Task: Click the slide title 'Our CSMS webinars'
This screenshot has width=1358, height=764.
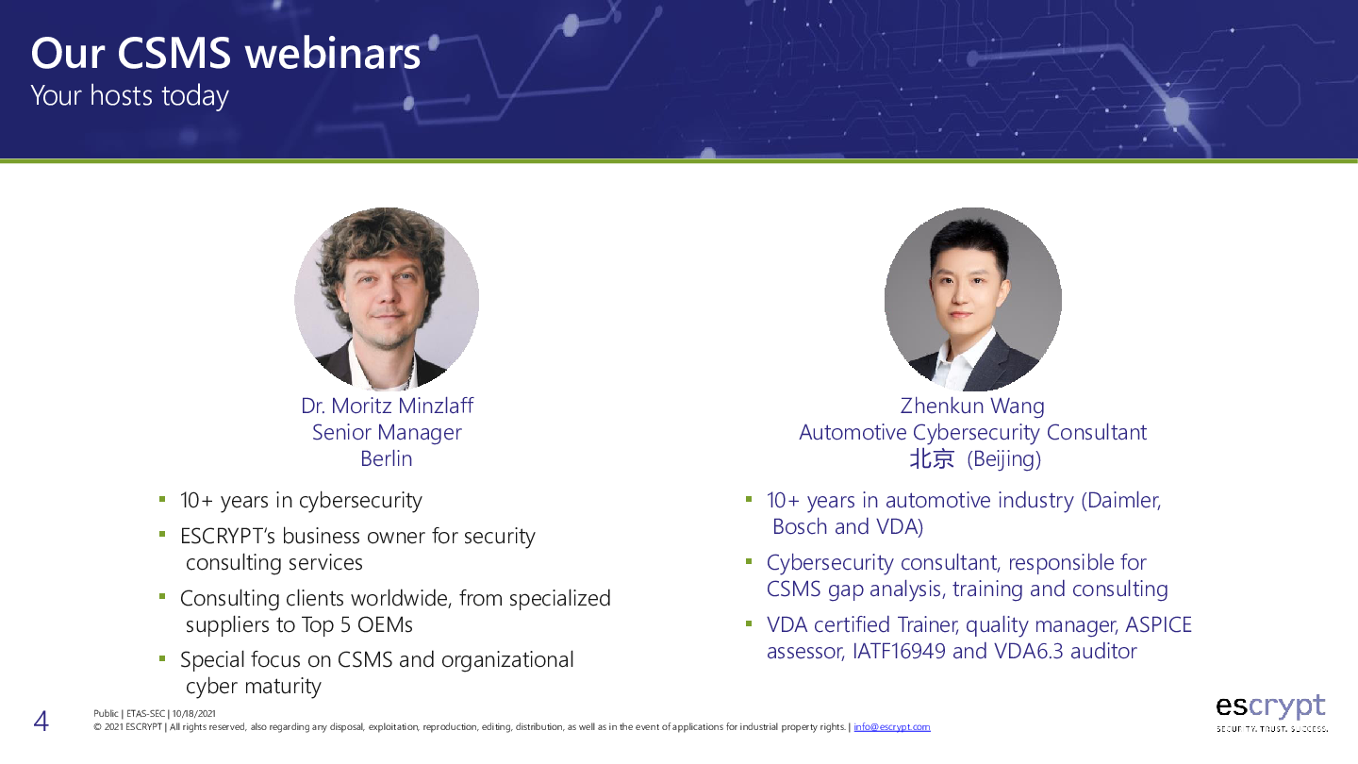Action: tap(225, 54)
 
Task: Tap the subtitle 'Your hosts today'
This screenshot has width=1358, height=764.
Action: tap(130, 96)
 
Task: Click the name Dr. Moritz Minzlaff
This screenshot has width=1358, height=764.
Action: tap(387, 406)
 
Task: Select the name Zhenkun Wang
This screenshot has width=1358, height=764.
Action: tap(972, 406)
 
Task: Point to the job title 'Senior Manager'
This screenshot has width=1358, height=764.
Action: tap(387, 432)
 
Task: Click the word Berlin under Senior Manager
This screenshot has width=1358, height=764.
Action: tap(387, 459)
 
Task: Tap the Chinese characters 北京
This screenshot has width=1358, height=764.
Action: tap(932, 459)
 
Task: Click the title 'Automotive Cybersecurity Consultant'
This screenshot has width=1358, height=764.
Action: tap(972, 432)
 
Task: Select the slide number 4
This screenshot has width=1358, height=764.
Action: tap(41, 721)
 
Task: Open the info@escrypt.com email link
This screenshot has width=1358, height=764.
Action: tap(892, 727)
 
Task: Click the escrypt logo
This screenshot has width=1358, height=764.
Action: tap(1271, 713)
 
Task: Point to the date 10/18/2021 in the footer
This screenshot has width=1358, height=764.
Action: tap(193, 714)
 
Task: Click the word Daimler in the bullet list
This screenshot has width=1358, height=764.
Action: tap(1124, 500)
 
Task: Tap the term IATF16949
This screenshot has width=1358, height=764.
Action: tap(899, 651)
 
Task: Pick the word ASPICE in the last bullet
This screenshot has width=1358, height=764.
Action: tap(1158, 624)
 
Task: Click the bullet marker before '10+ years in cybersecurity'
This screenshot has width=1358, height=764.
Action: tap(162, 500)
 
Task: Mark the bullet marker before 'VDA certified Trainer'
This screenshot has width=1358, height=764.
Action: tap(749, 623)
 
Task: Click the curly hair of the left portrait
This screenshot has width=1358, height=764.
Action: tap(383, 240)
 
